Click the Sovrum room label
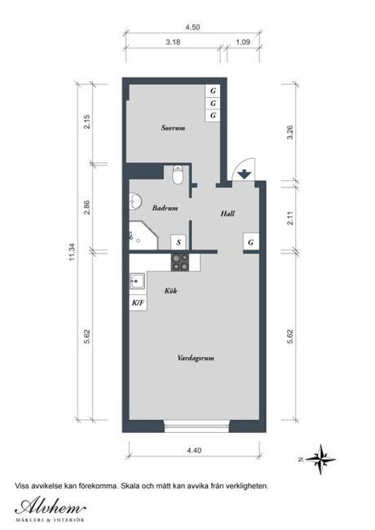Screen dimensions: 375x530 (x=173, y=128)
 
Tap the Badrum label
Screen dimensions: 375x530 (x=165, y=208)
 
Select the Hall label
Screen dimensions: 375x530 (x=227, y=214)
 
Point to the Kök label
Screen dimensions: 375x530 (x=170, y=290)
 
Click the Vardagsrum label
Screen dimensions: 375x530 (x=196, y=358)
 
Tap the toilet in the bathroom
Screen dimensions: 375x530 (x=178, y=174)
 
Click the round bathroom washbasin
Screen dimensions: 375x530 (x=135, y=201)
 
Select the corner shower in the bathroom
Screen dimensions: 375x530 (x=143, y=236)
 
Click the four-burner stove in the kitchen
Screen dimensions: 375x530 (x=179, y=263)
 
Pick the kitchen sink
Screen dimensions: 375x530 (x=138, y=281)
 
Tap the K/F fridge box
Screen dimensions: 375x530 (x=138, y=303)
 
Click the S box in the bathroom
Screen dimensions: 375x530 (x=179, y=242)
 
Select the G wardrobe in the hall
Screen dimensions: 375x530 (x=251, y=242)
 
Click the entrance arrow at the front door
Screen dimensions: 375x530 (x=244, y=175)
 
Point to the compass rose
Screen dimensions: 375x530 (x=320, y=459)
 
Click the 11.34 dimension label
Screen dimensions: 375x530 (x=72, y=252)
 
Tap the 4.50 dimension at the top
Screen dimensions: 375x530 (x=192, y=28)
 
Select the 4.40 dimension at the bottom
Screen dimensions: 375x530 (x=194, y=450)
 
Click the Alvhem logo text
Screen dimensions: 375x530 (x=50, y=506)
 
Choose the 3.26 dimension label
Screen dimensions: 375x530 (x=290, y=132)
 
